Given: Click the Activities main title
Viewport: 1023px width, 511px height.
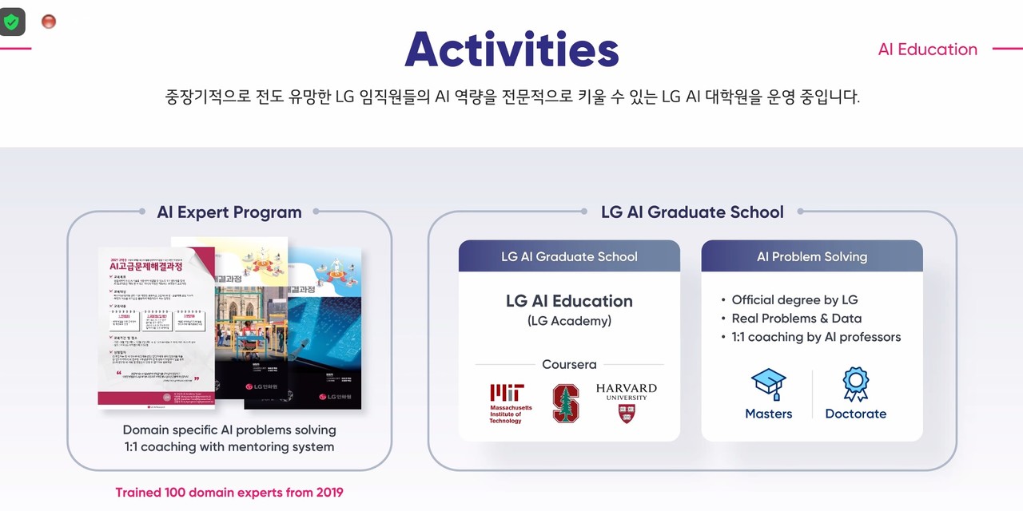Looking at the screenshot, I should tap(511, 50).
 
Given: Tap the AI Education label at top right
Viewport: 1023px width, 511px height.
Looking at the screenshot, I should tap(927, 50).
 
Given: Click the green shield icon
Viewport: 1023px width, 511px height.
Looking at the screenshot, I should tap(11, 22).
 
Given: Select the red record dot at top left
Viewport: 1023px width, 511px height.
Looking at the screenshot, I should tap(49, 22).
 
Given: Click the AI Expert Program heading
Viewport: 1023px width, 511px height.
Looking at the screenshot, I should tap(229, 212).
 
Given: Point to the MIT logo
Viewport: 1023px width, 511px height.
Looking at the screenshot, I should tap(507, 402).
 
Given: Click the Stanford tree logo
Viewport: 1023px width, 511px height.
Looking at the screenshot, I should tap(566, 403).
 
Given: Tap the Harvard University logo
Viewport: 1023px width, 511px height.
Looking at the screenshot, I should tap(627, 402).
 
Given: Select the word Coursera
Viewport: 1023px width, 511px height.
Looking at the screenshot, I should tap(569, 365).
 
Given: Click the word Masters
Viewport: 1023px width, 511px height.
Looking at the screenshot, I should tap(769, 414).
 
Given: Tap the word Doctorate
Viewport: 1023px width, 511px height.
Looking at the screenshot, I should tap(855, 414).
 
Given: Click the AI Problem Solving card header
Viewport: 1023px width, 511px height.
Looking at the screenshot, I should tap(812, 257).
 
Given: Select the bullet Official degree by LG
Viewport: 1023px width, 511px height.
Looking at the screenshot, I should tap(794, 300).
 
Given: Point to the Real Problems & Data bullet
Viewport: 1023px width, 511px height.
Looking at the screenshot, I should tap(796, 319).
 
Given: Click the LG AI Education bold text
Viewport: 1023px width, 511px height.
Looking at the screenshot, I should tap(569, 301).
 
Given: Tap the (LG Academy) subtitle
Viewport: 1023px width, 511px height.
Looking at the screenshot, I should tap(569, 321).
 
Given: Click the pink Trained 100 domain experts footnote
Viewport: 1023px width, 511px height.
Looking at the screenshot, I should tap(229, 493).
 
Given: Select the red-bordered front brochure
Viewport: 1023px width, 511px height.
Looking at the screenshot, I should tap(156, 327).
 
